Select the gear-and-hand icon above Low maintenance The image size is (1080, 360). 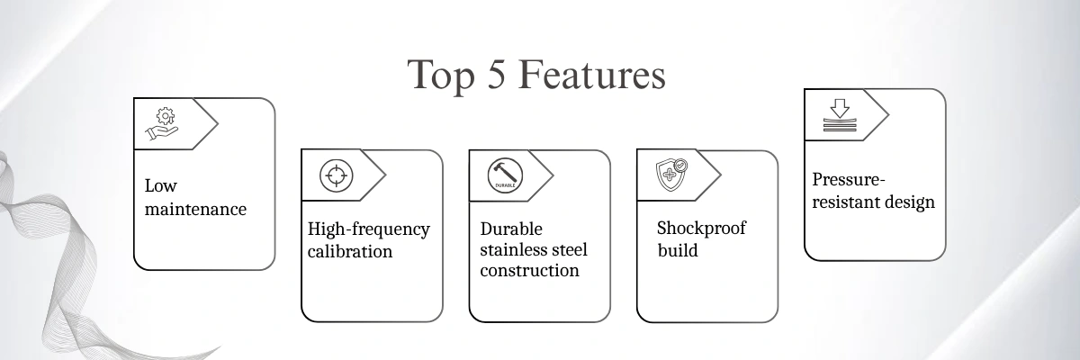click(x=162, y=125)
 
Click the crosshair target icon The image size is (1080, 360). click(x=337, y=175)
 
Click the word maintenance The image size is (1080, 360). click(x=195, y=210)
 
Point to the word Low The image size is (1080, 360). click(x=161, y=186)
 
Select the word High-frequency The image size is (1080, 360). click(x=369, y=229)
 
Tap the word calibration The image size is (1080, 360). click(x=350, y=251)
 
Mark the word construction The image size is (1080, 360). click(x=530, y=270)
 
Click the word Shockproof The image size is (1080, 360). click(x=701, y=229)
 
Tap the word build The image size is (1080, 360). click(x=677, y=250)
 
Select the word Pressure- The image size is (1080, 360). click(x=848, y=179)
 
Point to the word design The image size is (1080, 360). click(x=908, y=202)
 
